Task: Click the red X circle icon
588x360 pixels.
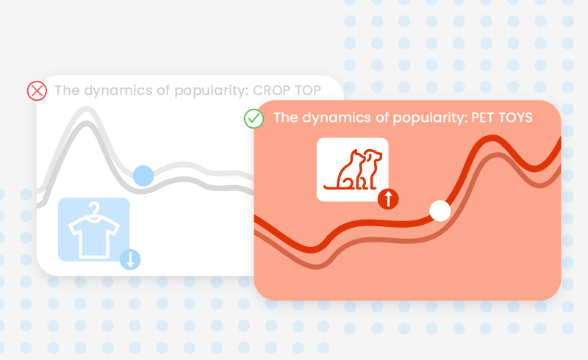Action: (37, 91)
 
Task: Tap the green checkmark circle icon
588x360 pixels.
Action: (254, 118)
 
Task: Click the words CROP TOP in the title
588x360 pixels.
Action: (287, 90)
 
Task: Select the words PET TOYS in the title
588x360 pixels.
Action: (502, 118)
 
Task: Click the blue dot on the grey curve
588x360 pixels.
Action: (143, 176)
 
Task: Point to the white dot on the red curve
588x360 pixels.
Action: (440, 211)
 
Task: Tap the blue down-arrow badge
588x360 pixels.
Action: (130, 259)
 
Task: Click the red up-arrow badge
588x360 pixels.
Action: (388, 199)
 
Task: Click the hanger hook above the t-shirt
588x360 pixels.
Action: (94, 208)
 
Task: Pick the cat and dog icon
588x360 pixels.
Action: (353, 170)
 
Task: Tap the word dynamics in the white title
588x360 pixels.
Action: (337, 118)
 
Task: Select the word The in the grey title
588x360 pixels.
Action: (67, 90)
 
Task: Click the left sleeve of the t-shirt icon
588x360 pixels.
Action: (75, 227)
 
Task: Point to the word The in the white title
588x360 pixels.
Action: (286, 118)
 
